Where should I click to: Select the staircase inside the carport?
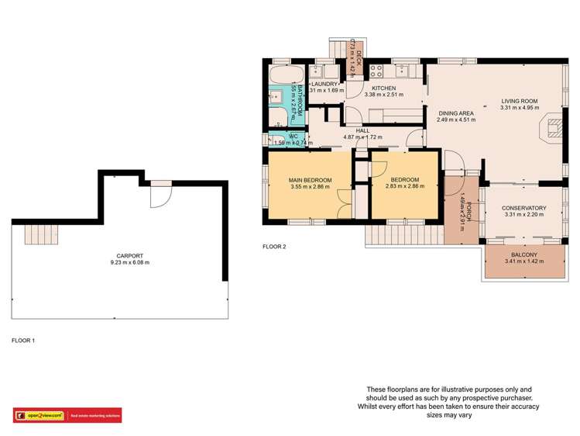[37, 232]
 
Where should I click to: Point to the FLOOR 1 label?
[23, 341]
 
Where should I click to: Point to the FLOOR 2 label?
[274, 247]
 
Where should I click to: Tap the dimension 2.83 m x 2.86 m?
[404, 188]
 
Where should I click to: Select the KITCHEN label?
[383, 89]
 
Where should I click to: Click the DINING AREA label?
[455, 112]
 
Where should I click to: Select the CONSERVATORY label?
[523, 208]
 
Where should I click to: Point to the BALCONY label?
[524, 255]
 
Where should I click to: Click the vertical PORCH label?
[467, 210]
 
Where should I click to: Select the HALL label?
[362, 131]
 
